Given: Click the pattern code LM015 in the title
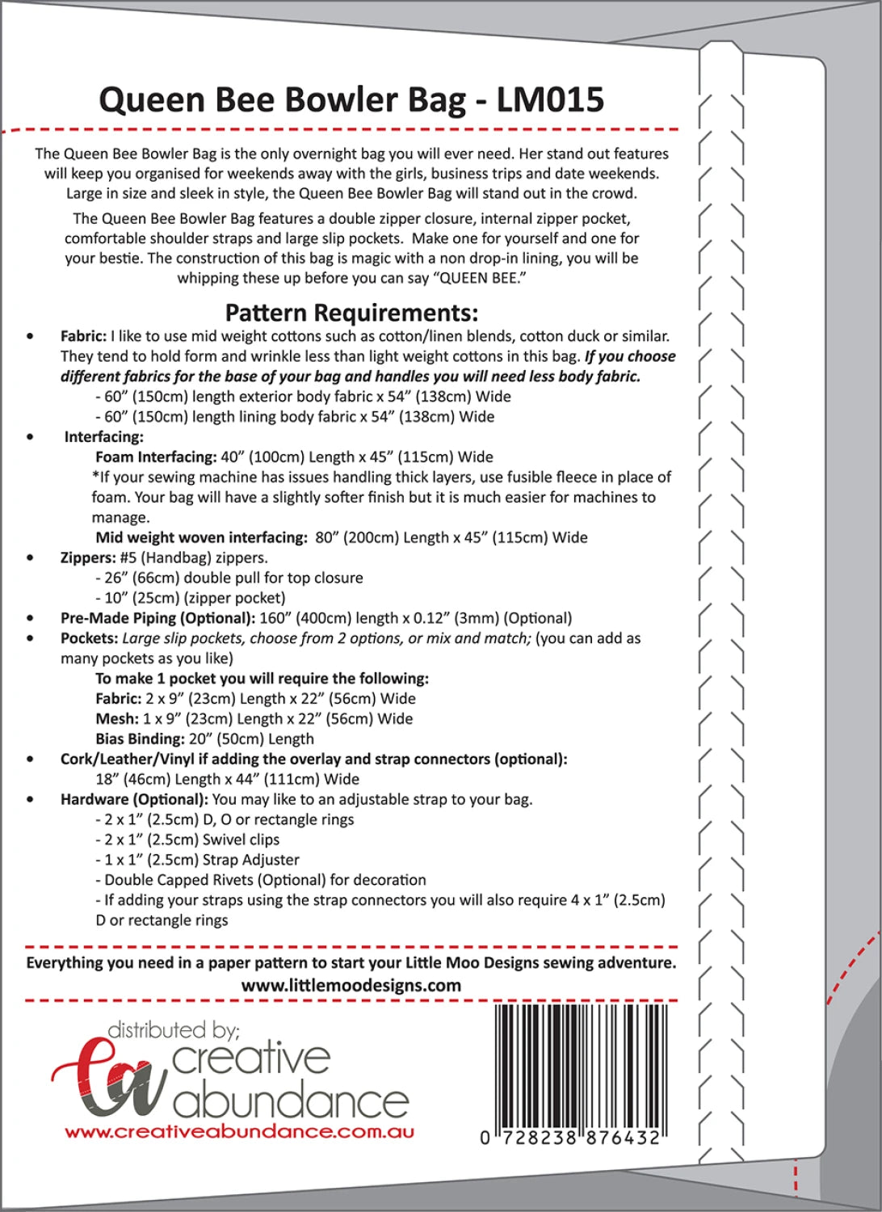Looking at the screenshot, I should pos(550,99).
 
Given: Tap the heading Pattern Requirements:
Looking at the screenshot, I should pos(351,313).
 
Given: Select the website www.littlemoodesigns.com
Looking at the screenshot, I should pos(351,985).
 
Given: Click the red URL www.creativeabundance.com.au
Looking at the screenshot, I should pos(240,1132).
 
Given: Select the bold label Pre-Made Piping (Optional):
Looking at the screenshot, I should pos(157,618).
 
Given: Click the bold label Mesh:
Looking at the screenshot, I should pos(116,718).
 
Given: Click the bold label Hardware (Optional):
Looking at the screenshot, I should pos(134,799).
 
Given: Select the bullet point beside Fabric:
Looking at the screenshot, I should pos(31,336).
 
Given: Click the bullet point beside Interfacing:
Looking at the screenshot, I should pos(31,437).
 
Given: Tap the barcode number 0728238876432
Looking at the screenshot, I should pos(571,1138).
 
